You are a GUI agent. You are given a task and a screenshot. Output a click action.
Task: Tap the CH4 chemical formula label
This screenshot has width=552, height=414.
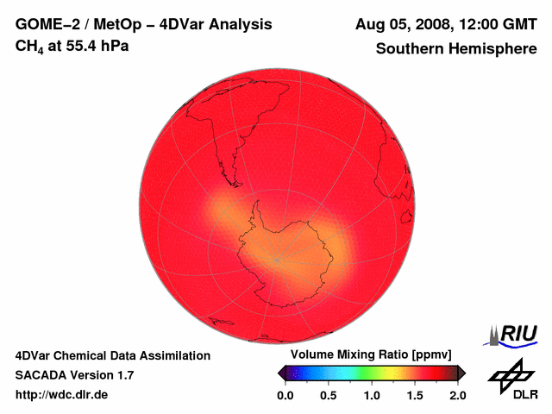coord(30,46)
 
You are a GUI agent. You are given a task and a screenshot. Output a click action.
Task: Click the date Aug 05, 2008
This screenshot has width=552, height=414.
coord(402,24)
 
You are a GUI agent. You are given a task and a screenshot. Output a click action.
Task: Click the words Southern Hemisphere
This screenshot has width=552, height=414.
coord(455,49)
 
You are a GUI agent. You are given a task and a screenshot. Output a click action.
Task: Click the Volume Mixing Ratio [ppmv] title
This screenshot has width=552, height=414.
coord(366,355)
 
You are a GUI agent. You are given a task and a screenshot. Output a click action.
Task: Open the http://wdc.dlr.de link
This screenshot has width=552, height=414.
coord(62,395)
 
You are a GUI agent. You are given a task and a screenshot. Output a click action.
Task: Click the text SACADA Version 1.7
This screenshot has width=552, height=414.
coord(74,375)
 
